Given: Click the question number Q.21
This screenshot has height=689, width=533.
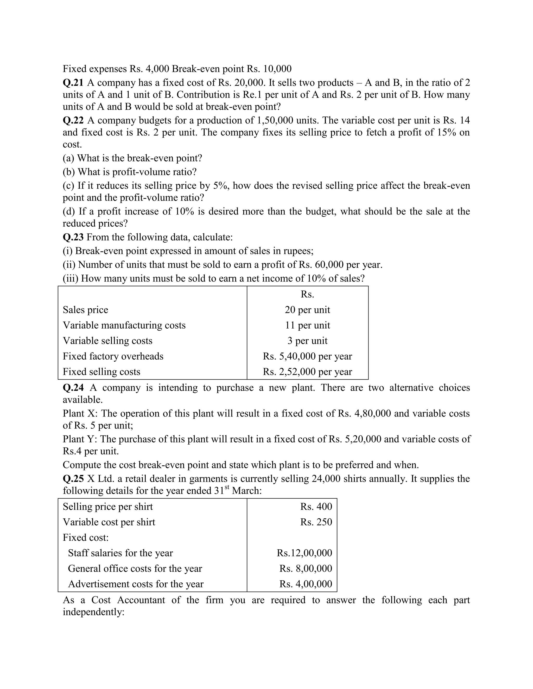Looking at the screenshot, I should tap(73, 83).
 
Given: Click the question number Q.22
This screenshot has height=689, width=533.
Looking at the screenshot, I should tap(73, 120).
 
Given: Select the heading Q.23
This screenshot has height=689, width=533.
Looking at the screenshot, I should tap(73, 237).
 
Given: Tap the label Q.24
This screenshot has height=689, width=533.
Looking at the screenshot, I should tap(73, 387).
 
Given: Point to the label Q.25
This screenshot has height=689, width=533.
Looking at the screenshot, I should tap(73, 479).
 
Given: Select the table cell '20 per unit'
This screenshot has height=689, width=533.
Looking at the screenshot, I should tap(307, 310).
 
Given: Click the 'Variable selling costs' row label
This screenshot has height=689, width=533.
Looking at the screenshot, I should tap(107, 341).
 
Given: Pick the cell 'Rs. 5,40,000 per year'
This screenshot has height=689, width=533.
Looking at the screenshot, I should tap(307, 356).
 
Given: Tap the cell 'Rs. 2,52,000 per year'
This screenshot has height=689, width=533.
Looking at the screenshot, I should tap(307, 372).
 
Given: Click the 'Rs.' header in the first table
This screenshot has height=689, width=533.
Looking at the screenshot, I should tap(307, 294).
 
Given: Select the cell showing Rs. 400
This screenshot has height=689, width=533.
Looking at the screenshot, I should tap(316, 507).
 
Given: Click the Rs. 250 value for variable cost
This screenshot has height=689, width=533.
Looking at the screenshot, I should tap(316, 522).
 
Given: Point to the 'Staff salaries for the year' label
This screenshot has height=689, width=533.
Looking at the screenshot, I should tap(120, 553).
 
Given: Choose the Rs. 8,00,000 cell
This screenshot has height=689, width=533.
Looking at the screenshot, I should tap(305, 568).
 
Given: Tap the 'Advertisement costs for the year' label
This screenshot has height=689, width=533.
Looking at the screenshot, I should tap(136, 584).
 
